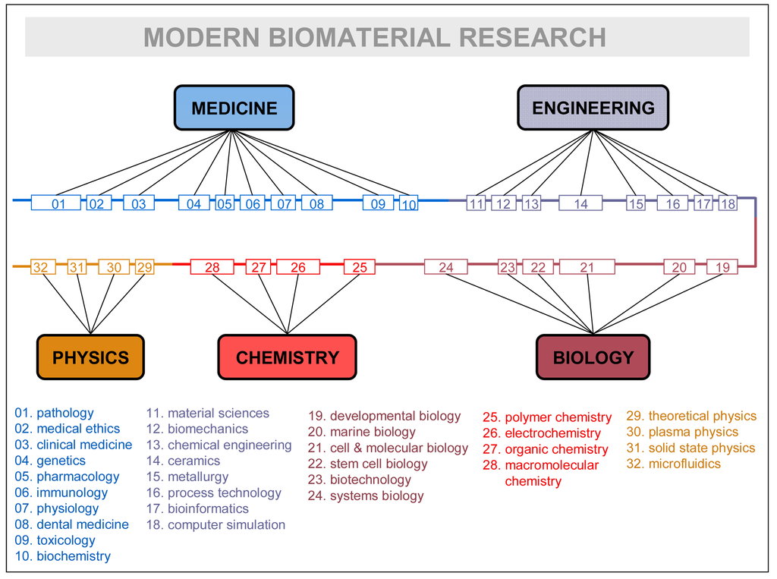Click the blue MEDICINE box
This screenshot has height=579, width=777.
[x=234, y=108]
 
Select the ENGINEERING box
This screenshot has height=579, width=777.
[x=593, y=108]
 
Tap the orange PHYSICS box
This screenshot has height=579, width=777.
[x=90, y=357]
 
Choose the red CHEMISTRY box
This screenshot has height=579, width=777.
[x=287, y=357]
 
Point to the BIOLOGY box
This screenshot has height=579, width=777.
[x=593, y=357]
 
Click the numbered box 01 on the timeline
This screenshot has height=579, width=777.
[x=56, y=203]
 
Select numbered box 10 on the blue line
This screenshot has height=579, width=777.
[x=408, y=203]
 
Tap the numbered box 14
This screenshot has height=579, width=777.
[x=580, y=203]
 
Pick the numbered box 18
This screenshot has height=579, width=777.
[x=727, y=203]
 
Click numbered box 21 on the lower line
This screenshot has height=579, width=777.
[x=587, y=267]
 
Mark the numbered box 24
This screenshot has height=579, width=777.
[x=445, y=267]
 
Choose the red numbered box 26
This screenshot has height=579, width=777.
[x=298, y=267]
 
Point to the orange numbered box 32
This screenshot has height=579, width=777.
[x=40, y=267]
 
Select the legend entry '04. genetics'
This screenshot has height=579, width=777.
[x=50, y=461]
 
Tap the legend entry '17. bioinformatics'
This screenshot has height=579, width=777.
[x=197, y=508]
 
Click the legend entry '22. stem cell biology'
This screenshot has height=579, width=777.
[x=367, y=464]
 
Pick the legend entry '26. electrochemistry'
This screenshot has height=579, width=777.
[x=542, y=433]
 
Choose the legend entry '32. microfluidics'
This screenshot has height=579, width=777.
[x=673, y=464]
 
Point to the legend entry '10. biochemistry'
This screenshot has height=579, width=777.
[x=62, y=556]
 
